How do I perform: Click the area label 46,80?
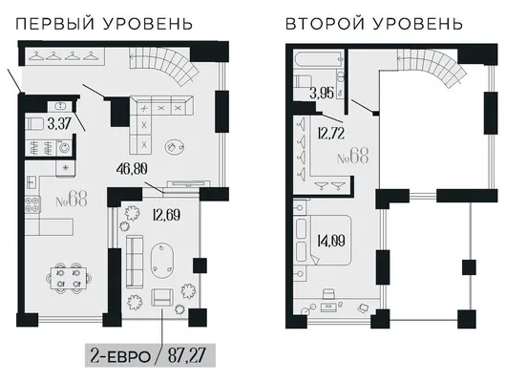point(133,169)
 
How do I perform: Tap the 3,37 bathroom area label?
point(59,123)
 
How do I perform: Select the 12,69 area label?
point(166,215)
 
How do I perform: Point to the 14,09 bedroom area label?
point(330,241)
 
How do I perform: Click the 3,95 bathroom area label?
point(322,94)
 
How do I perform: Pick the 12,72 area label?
point(330,133)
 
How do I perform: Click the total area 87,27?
point(186,356)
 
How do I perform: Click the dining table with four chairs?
point(69,279)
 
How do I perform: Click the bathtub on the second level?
point(318,60)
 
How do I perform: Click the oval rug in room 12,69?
point(162,261)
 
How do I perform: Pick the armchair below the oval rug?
point(162,298)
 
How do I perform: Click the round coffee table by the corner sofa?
point(176,147)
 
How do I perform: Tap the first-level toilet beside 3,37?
point(34,124)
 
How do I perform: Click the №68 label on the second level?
point(352,157)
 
